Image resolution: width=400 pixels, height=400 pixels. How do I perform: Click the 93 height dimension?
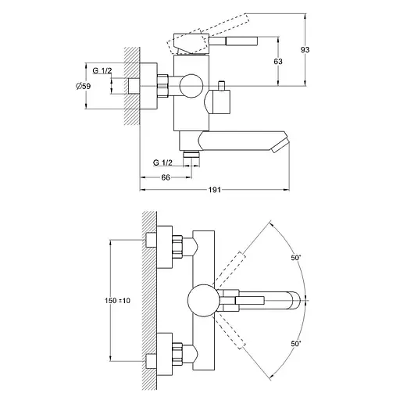click(305, 49)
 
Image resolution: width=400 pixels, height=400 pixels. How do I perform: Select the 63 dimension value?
click(278, 62)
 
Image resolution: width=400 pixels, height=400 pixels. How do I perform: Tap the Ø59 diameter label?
click(84, 86)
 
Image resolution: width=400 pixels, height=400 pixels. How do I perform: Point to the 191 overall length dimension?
click(215, 190)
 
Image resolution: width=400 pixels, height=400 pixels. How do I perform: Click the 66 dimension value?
click(166, 177)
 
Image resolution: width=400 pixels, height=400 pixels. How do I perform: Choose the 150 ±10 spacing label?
click(117, 301)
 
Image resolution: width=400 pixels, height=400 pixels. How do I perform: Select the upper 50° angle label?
click(296, 258)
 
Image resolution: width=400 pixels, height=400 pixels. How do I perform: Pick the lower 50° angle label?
click(296, 344)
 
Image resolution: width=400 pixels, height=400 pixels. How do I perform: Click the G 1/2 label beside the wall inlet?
click(102, 70)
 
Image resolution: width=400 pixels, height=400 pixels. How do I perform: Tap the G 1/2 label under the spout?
click(162, 162)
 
